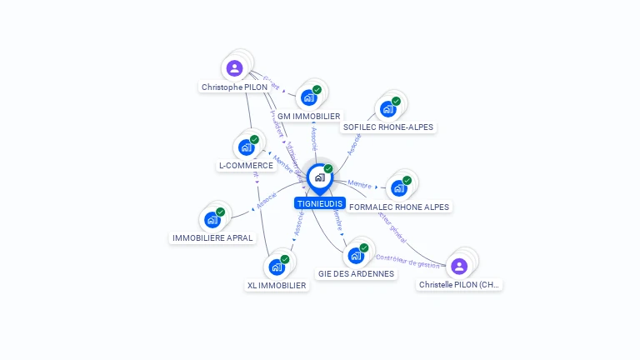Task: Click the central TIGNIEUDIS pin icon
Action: pyautogui.click(x=319, y=177)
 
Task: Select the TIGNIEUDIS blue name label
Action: pyautogui.click(x=319, y=203)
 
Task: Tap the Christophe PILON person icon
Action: pyautogui.click(x=234, y=68)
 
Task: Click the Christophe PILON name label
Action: pyautogui.click(x=234, y=87)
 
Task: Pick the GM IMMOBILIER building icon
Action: pyautogui.click(x=309, y=97)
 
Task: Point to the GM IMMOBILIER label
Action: pyautogui.click(x=308, y=117)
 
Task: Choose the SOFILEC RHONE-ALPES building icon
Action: pyautogui.click(x=387, y=108)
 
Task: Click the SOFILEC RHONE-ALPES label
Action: pyautogui.click(x=388, y=127)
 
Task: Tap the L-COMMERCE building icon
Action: pyautogui.click(x=246, y=147)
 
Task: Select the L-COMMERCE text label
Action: pyautogui.click(x=246, y=166)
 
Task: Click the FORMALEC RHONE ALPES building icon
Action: pyautogui.click(x=398, y=188)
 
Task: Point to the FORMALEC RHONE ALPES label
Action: pyautogui.click(x=399, y=207)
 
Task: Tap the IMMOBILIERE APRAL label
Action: pyautogui.click(x=212, y=238)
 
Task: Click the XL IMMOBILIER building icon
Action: pyautogui.click(x=276, y=267)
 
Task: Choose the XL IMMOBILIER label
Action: pyautogui.click(x=277, y=286)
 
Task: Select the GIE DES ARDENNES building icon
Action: pyautogui.click(x=356, y=256)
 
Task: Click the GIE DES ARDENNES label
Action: pyautogui.click(x=356, y=274)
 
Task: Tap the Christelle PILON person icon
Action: pyautogui.click(x=458, y=266)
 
